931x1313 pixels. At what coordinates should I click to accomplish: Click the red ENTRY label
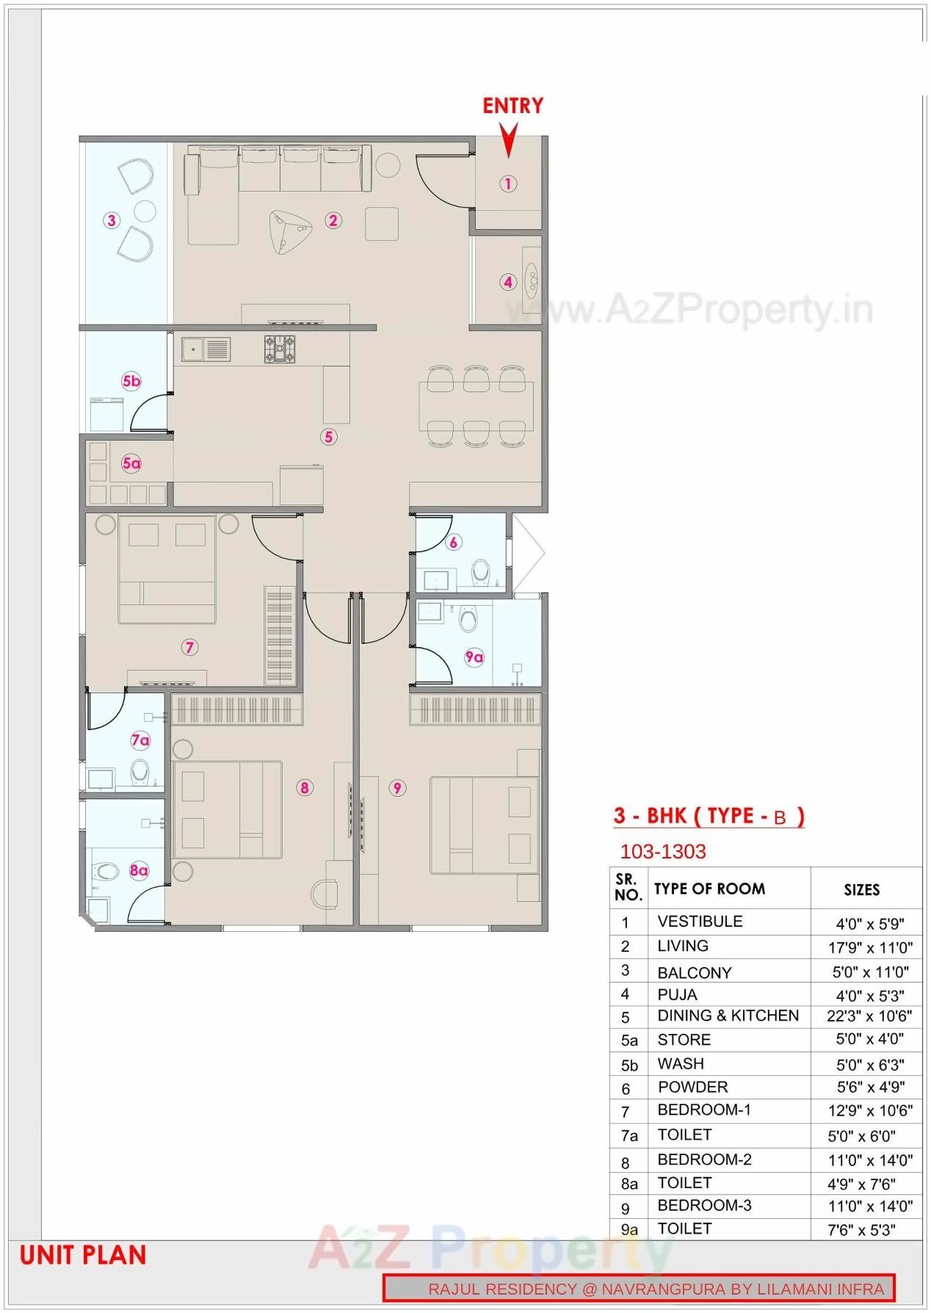[512, 106]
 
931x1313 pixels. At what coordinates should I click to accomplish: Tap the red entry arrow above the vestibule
[508, 140]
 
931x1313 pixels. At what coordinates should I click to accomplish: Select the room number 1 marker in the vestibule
[508, 184]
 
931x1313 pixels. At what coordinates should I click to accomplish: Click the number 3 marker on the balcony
[111, 220]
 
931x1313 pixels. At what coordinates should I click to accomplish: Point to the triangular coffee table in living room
[289, 230]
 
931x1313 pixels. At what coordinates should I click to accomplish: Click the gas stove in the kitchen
[280, 348]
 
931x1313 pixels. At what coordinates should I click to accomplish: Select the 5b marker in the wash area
[131, 381]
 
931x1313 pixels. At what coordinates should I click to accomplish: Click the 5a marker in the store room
[131, 463]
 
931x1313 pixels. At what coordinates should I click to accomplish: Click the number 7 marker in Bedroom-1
[189, 647]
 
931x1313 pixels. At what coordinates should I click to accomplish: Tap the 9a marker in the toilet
[474, 657]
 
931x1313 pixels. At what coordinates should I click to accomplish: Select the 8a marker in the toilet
[139, 871]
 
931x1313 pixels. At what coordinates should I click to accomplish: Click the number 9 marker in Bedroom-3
[397, 788]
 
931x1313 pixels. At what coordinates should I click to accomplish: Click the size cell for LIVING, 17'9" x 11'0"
[869, 947]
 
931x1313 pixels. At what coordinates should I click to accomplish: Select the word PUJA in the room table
[677, 994]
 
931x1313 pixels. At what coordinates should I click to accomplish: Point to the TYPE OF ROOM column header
[709, 889]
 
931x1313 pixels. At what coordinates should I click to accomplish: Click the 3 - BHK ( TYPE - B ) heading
[709, 816]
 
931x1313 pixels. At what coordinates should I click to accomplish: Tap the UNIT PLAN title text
[83, 1256]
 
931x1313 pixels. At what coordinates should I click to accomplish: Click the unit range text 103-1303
[662, 852]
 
